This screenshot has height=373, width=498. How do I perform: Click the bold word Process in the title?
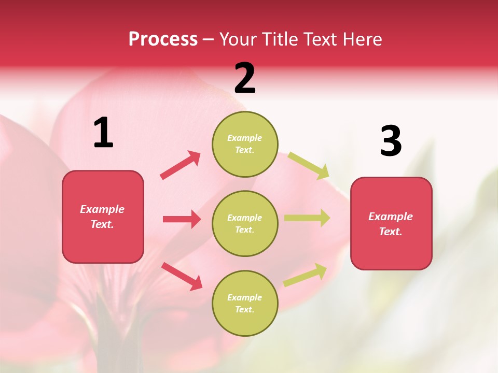(x=163, y=39)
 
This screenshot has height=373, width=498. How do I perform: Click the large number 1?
(x=103, y=133)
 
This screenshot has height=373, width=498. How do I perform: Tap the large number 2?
(x=245, y=78)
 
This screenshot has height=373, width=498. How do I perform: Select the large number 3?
(x=391, y=141)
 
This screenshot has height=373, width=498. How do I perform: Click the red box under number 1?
(x=103, y=217)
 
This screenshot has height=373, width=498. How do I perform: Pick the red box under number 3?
(x=391, y=223)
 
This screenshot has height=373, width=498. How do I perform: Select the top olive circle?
(x=245, y=144)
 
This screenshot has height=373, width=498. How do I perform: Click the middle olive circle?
(x=245, y=223)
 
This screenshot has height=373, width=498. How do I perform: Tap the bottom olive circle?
(x=245, y=303)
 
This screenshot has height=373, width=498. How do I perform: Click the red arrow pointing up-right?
(x=181, y=165)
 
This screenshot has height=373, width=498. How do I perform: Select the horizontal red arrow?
(x=182, y=219)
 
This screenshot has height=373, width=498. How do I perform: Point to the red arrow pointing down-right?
(x=182, y=276)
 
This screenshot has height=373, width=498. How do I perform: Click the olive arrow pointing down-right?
(x=309, y=165)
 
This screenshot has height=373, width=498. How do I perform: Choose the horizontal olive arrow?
(x=307, y=218)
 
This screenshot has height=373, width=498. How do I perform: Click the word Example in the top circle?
(x=245, y=138)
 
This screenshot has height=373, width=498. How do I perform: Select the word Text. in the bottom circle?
(x=245, y=309)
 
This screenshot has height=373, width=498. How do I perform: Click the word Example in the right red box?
(x=391, y=217)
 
